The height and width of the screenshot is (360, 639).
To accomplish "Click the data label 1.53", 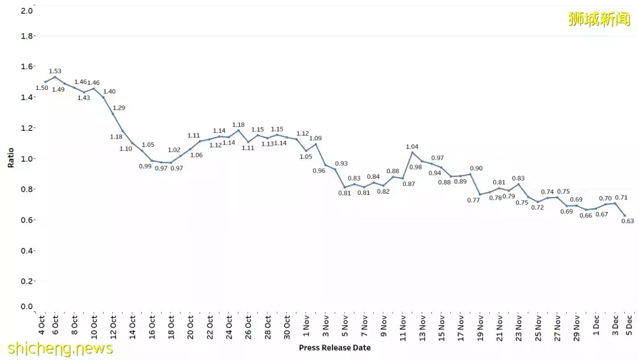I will [55, 71].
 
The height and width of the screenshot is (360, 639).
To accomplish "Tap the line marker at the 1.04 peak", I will [412, 153].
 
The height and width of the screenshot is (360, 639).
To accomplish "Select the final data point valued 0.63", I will [624, 216].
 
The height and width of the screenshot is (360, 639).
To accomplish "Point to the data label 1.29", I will [119, 108].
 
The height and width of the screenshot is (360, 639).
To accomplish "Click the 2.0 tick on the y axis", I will [27, 11].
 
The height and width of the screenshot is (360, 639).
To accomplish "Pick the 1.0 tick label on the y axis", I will [27, 159].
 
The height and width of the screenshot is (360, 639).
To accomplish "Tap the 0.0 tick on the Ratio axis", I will [27, 307].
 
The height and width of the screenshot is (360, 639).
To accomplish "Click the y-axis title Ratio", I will [11, 158].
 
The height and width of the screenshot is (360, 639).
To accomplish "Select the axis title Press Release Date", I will [335, 348].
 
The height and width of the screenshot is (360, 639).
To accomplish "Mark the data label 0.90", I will [476, 168].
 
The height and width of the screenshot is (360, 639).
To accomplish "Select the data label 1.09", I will [315, 138].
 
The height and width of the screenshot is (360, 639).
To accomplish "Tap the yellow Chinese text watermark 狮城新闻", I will [599, 19].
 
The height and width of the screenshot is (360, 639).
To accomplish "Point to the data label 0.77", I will [473, 200].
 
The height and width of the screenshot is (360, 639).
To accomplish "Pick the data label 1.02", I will [174, 150].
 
